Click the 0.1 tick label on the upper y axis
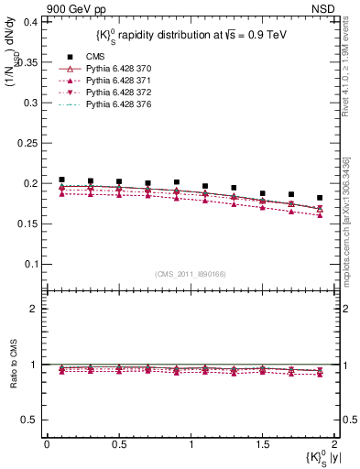click(30, 264)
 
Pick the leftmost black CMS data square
click(61, 180)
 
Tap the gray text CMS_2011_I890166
click(190, 274)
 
